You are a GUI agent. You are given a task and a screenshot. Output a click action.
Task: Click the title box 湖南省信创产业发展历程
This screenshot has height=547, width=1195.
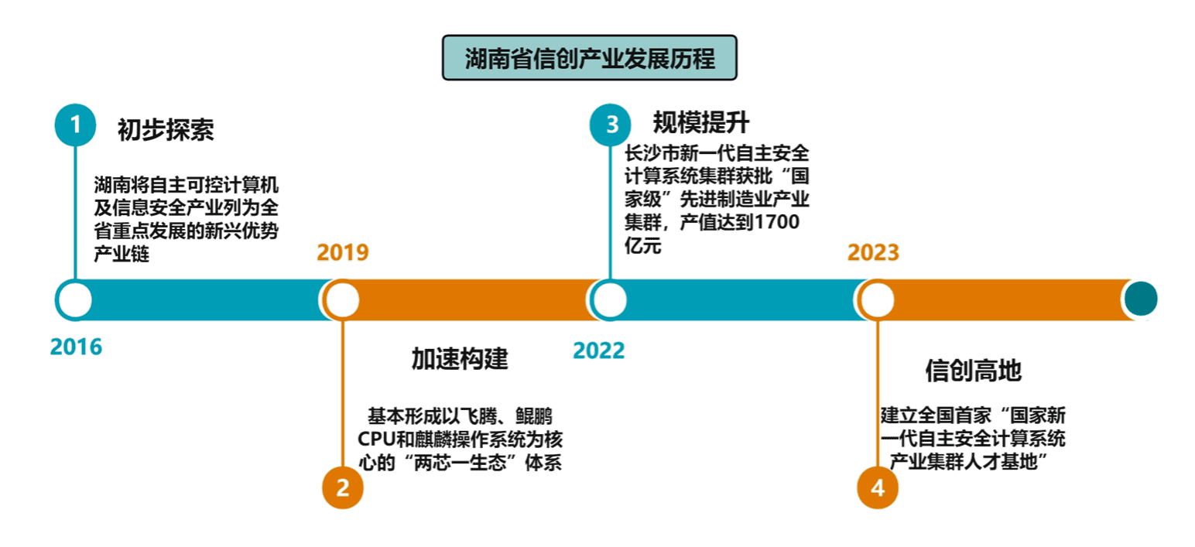click(589, 58)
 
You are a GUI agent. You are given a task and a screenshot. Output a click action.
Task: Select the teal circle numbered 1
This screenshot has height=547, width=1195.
click(75, 125)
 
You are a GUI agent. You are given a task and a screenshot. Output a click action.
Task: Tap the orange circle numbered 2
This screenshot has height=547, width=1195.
click(343, 487)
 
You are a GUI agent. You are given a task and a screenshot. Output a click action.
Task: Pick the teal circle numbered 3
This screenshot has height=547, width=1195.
click(611, 125)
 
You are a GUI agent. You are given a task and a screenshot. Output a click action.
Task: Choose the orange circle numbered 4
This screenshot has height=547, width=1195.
click(878, 487)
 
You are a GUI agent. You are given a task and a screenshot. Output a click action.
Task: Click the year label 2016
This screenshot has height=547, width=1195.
click(76, 347)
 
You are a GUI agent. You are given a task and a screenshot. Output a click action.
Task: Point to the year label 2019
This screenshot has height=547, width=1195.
click(343, 253)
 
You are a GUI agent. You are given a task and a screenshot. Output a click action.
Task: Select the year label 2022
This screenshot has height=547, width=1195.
click(599, 350)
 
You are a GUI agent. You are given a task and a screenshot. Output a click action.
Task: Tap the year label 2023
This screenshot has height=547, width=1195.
click(873, 253)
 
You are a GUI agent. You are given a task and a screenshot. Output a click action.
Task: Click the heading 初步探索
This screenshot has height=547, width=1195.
click(166, 129)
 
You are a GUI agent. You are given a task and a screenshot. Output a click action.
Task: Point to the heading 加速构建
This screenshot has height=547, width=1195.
click(460, 358)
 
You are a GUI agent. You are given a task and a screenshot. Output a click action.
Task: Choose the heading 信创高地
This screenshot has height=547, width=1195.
click(974, 371)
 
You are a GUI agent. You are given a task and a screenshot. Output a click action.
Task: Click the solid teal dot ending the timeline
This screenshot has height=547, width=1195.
click(1141, 299)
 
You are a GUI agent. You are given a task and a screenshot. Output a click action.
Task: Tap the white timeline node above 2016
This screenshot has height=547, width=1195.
click(75, 299)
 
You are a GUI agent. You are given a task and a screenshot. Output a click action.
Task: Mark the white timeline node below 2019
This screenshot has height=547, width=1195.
click(343, 299)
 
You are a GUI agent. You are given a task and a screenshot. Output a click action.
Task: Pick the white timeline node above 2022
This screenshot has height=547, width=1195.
click(611, 299)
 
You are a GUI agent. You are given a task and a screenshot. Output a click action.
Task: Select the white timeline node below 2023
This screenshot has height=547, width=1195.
click(878, 299)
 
